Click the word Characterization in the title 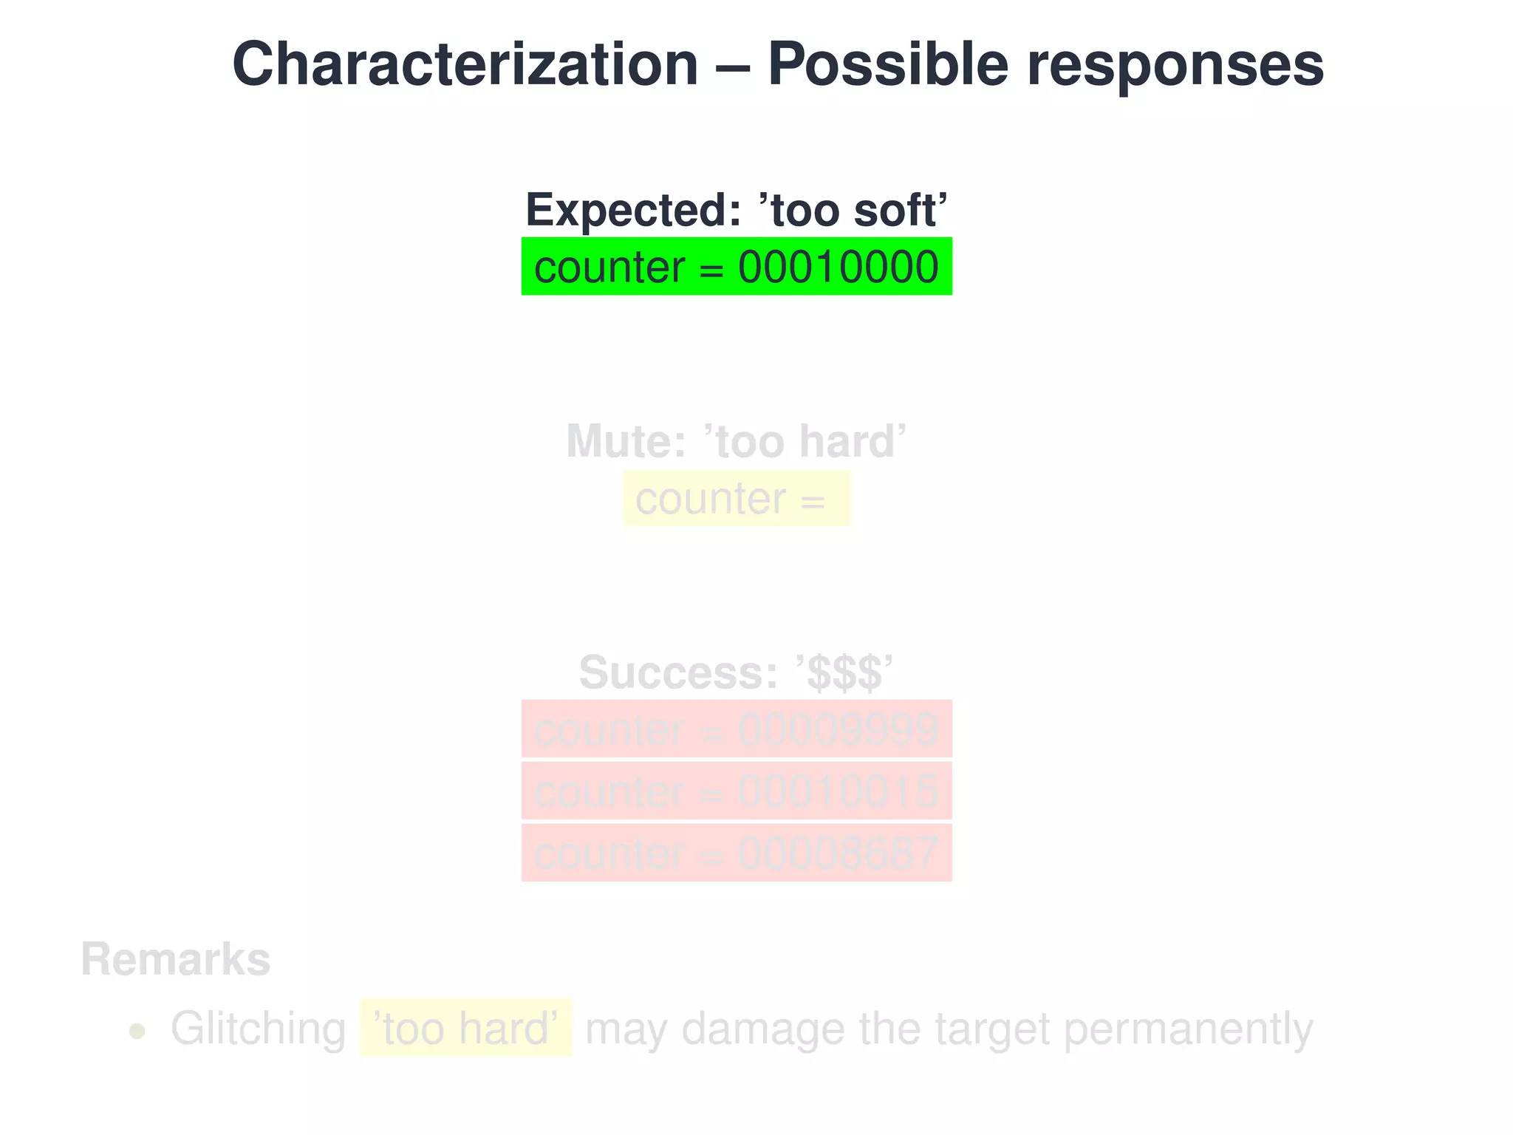click(x=465, y=65)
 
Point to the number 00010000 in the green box click(x=839, y=267)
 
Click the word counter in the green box click(x=609, y=267)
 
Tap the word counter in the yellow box click(x=710, y=500)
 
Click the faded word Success click(x=677, y=672)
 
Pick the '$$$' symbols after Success click(x=845, y=673)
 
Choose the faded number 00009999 click(x=839, y=730)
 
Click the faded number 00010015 click(x=839, y=792)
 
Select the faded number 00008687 click(x=839, y=854)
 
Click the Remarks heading click(x=176, y=960)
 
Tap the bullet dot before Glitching click(x=137, y=1031)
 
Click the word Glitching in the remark click(x=258, y=1029)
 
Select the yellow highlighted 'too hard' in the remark click(x=466, y=1029)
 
